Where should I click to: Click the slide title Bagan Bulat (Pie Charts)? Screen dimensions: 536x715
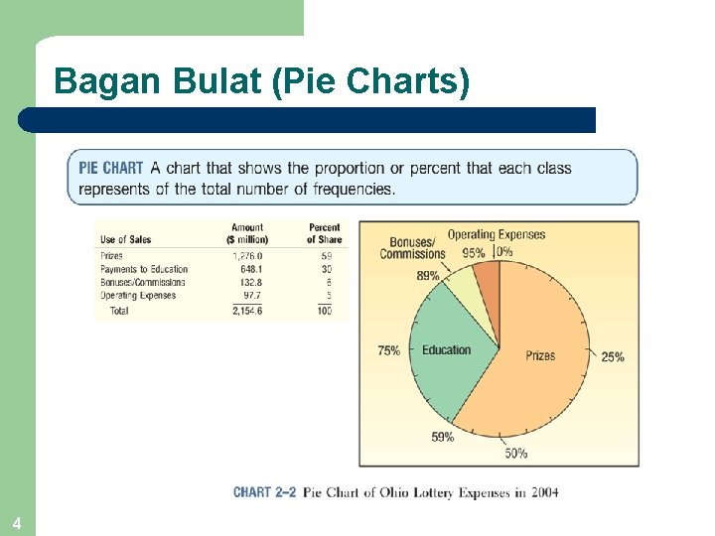coord(262,80)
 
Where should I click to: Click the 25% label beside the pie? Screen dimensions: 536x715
coord(613,356)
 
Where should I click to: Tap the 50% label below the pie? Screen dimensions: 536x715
coord(516,454)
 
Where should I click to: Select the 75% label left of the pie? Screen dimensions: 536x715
coord(388,350)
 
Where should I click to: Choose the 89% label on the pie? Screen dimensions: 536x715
coord(427,276)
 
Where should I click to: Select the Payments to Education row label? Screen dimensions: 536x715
coord(144,269)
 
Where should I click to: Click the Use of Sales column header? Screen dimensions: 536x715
coord(127,240)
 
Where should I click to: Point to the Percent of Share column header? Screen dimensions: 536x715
coord(324,233)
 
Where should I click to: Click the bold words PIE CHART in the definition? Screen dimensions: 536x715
coord(111,168)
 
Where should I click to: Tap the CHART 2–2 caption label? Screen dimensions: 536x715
coord(264,492)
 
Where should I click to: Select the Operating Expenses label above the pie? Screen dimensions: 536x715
coord(497,234)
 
